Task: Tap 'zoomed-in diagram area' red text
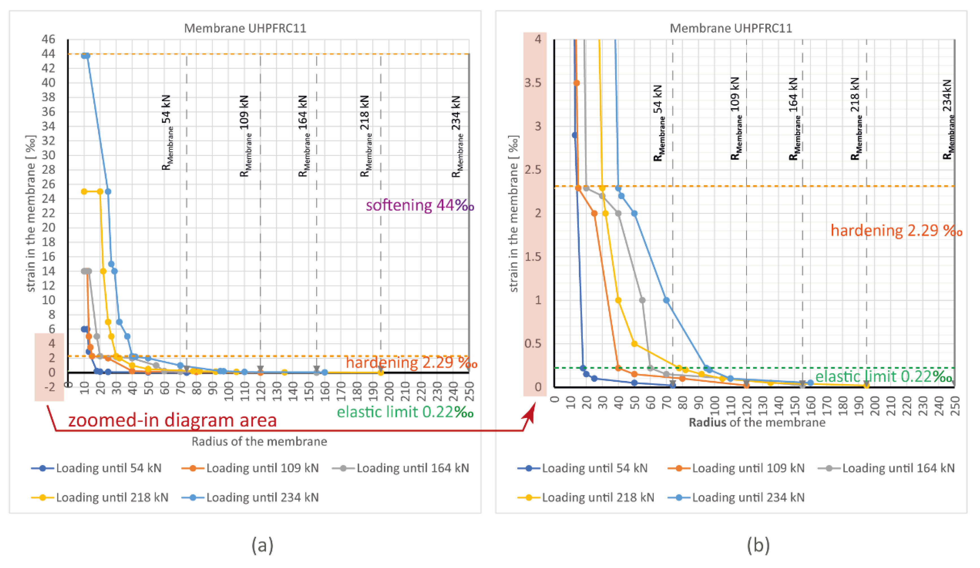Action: pyautogui.click(x=172, y=420)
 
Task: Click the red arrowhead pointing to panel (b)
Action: pyautogui.click(x=530, y=412)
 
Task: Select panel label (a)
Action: pyautogui.click(x=262, y=545)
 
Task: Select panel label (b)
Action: pyautogui.click(x=758, y=545)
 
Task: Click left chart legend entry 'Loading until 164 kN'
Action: pyautogui.click(x=412, y=468)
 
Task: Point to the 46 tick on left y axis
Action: pyautogui.click(x=49, y=39)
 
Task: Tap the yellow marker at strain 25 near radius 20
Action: pyautogui.click(x=100, y=191)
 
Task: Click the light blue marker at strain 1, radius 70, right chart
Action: pyautogui.click(x=666, y=300)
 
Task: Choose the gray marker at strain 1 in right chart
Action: pyautogui.click(x=642, y=300)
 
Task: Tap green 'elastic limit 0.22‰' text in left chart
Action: pyautogui.click(x=405, y=412)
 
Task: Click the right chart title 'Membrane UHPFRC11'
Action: pyautogui.click(x=731, y=28)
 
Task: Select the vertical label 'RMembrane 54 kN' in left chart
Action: pyautogui.click(x=167, y=132)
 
